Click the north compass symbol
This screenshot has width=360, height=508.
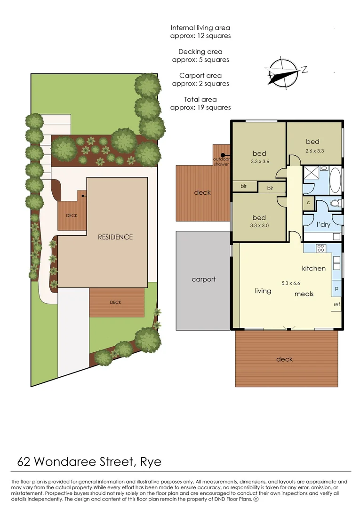click(x=282, y=73)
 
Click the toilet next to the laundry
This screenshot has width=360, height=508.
click(x=335, y=204)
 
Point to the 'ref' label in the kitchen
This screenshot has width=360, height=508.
click(x=336, y=304)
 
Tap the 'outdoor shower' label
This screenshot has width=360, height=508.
click(x=221, y=161)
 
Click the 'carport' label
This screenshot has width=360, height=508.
click(x=203, y=279)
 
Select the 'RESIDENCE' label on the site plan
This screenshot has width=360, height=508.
click(x=115, y=237)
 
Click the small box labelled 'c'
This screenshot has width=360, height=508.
click(x=308, y=203)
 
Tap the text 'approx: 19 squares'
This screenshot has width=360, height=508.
click(x=200, y=107)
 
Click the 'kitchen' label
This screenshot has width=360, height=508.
click(x=313, y=268)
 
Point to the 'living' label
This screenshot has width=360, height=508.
click(x=263, y=291)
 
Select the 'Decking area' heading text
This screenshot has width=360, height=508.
click(x=200, y=52)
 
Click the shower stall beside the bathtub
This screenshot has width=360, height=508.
click(x=312, y=172)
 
